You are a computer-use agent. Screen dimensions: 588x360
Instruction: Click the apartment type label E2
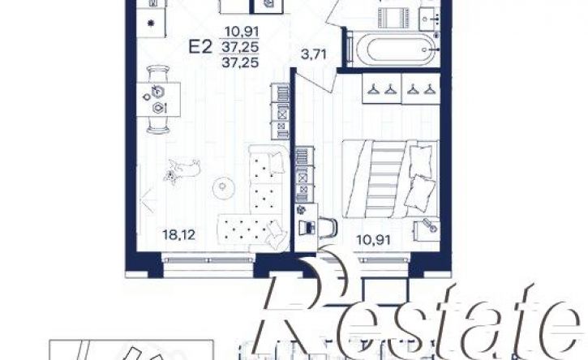200,47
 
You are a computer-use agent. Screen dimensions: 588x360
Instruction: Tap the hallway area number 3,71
314,55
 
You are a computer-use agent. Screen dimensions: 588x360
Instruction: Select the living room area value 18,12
179,235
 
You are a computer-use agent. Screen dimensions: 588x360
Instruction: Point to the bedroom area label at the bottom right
374,240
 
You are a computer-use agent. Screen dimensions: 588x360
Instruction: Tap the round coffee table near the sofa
223,186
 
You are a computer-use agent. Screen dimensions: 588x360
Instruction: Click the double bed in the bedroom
391,178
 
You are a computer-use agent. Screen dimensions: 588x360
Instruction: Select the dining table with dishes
158,100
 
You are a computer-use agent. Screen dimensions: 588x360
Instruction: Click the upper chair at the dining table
158,73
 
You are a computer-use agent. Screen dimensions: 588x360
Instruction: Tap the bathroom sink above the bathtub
429,18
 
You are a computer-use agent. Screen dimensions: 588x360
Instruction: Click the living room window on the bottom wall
209,259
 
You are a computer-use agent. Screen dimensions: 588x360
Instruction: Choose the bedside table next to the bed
427,230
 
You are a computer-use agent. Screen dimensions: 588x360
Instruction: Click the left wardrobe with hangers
381,88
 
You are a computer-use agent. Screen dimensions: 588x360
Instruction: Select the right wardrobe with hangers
420,88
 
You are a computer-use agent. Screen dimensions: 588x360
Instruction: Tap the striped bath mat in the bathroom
393,18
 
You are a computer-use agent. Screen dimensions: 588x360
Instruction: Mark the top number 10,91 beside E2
242,32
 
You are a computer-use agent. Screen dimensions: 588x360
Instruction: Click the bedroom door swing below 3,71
314,79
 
